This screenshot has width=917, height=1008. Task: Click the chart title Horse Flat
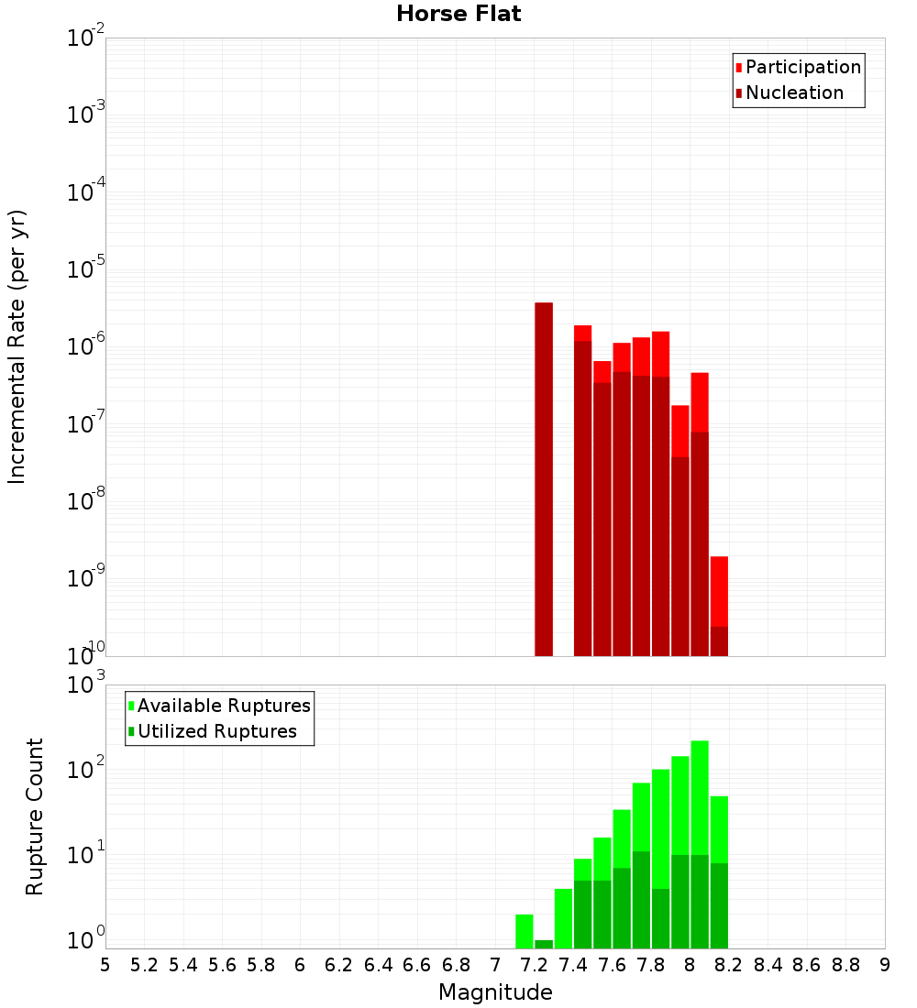458,14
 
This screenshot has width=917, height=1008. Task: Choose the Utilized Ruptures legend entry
216,732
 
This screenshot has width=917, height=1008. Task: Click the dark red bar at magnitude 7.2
544,477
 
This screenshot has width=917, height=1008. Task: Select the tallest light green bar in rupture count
700,797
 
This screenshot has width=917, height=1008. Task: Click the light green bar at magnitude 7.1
525,931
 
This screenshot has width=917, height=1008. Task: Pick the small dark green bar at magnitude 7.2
544,944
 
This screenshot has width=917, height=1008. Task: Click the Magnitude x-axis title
495,992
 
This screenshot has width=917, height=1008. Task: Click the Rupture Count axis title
35,816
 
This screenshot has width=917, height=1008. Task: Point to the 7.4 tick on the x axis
572,965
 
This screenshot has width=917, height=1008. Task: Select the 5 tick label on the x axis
105,965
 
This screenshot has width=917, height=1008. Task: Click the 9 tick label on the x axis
885,965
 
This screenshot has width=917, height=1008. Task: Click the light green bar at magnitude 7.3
563,918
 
